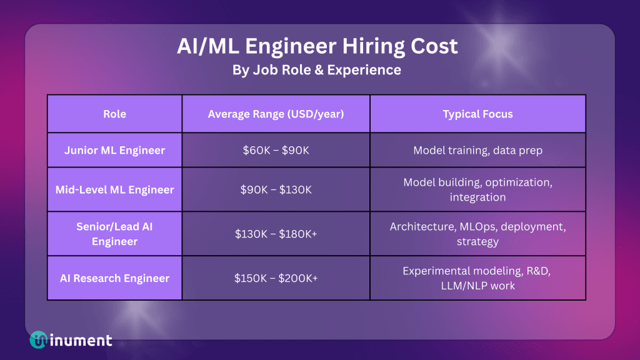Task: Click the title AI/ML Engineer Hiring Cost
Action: coord(317,46)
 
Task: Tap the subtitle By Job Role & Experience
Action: coord(317,70)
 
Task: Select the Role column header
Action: coord(115,114)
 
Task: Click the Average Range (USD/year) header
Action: coord(276,114)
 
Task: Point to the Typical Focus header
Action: coord(477,114)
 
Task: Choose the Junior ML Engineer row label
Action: coord(115,150)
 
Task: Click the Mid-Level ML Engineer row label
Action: coord(115,190)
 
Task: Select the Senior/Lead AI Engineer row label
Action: coord(115,234)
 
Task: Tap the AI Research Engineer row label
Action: coord(115,278)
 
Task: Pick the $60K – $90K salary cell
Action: coord(276,150)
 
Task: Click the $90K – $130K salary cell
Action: coord(276,190)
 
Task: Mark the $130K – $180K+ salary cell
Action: coord(276,234)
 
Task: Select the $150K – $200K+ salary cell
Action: coord(276,278)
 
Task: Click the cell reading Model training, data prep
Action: coord(477,150)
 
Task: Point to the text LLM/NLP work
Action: coord(477,286)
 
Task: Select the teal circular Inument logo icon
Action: coord(38,339)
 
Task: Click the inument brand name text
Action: coord(81,340)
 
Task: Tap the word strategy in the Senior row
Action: coord(477,242)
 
